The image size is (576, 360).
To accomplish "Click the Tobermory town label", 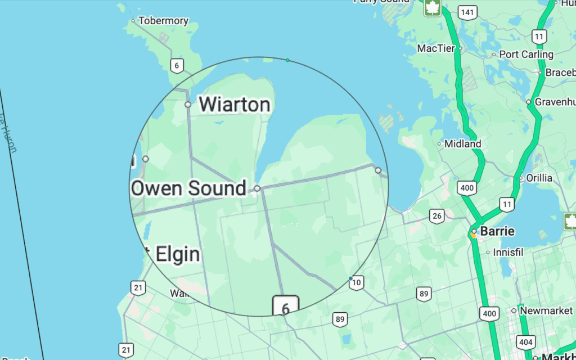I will click(163, 21).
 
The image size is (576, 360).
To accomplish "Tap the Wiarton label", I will click(234, 104).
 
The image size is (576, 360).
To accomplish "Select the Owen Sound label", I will click(188, 188).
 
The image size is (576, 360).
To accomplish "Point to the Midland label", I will click(463, 144).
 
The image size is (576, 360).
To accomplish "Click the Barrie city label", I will click(497, 231).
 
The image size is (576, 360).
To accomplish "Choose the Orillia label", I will click(539, 178).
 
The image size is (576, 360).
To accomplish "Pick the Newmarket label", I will click(546, 310).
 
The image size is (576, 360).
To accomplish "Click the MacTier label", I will click(436, 48).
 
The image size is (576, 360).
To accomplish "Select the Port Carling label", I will click(526, 55).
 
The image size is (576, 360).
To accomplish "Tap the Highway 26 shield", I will click(436, 215).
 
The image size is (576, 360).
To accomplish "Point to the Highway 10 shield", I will click(356, 283).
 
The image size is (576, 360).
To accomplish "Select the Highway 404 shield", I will click(526, 341).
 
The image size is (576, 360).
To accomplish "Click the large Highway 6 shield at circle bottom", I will click(286, 308).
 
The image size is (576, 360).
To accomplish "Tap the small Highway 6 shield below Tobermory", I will click(177, 66).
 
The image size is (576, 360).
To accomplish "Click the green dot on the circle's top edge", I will click(287, 60).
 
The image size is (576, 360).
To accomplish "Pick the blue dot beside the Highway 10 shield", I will click(350, 278).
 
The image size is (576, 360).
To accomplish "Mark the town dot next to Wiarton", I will click(188, 105).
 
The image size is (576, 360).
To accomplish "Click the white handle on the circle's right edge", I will click(378, 170).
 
